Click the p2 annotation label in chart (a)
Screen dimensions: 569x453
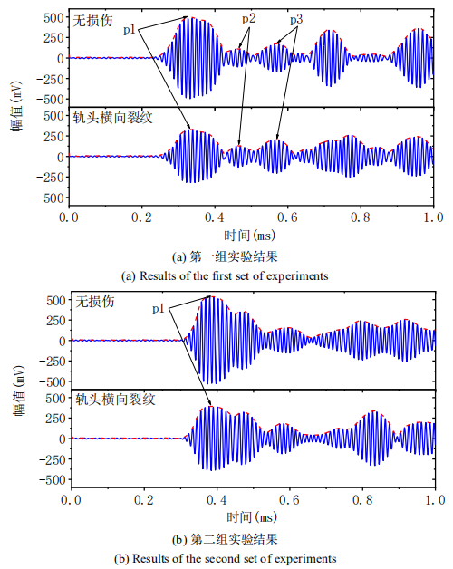[x=248, y=18]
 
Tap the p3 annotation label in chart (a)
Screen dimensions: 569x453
[x=297, y=18]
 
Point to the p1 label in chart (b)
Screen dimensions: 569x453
[x=159, y=309]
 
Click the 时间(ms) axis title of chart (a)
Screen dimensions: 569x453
[x=251, y=235]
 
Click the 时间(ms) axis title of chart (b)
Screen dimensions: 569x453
[x=251, y=516]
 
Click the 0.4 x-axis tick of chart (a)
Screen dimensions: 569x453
[x=215, y=218]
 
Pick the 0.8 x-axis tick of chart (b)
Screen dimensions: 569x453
[x=361, y=500]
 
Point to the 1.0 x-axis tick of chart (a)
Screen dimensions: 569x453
[x=434, y=218]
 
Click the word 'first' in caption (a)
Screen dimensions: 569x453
[x=244, y=274]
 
